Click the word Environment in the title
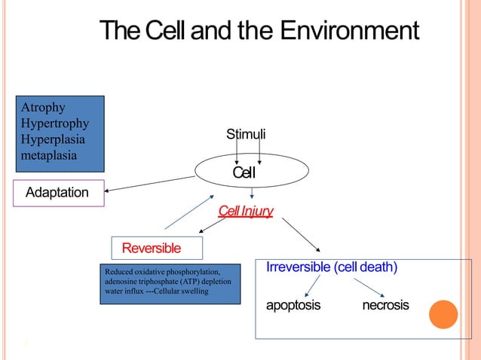[x=348, y=32]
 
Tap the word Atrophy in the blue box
[x=44, y=108]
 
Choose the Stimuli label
[x=246, y=135]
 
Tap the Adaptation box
[x=57, y=193]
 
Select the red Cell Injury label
[x=246, y=211]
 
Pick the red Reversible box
[x=152, y=248]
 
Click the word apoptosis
[x=293, y=305]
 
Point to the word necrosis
[x=385, y=305]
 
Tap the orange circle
[x=443, y=314]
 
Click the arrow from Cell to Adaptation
[x=151, y=184]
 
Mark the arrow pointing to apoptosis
[x=312, y=285]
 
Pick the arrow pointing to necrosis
[x=370, y=287]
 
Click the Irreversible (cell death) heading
[x=332, y=267]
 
